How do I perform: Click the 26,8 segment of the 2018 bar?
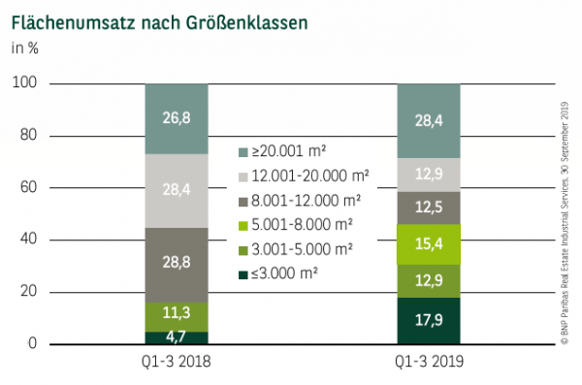point(177,118)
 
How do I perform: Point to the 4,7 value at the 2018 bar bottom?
point(177,337)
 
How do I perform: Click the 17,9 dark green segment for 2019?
point(429,320)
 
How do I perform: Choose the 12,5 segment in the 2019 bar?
point(429,208)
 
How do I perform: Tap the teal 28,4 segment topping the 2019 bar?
point(429,120)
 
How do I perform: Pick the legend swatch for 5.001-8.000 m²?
point(243,224)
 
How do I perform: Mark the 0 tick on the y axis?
point(32,344)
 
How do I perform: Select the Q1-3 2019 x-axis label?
point(429,362)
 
